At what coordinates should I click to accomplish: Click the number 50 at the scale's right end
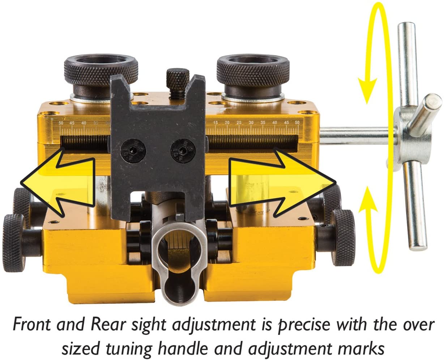[297, 123]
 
